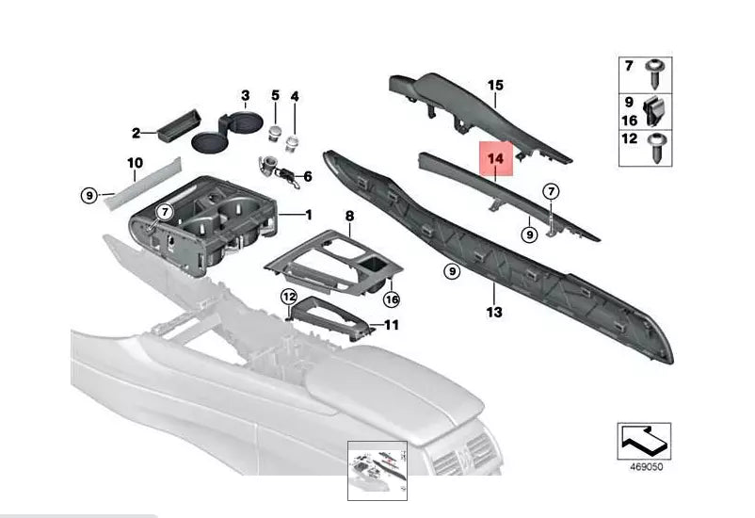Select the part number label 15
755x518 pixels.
click(496, 86)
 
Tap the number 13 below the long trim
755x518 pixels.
click(495, 312)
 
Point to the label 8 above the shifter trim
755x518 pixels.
click(349, 216)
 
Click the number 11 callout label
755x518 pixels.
click(392, 325)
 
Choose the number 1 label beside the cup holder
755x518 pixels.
click(307, 215)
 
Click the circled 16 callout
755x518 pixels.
click(392, 299)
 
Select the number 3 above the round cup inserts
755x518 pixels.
click(245, 96)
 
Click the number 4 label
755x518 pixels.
click(294, 97)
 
